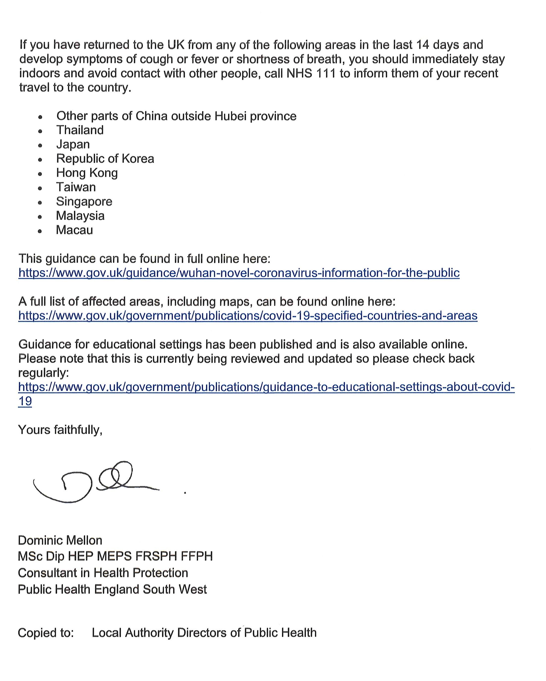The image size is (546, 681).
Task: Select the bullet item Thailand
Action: coord(80,130)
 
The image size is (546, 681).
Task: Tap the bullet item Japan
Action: coord(73,144)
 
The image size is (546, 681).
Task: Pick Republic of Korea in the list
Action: coord(105,159)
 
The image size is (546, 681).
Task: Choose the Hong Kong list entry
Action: coord(87,173)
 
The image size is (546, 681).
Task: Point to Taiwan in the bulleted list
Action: coord(76,187)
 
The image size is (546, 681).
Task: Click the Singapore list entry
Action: coord(84,201)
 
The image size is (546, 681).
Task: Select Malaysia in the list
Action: coord(80,216)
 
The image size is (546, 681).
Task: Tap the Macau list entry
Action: coord(75,230)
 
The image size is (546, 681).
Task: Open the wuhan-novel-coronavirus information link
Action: coord(239,273)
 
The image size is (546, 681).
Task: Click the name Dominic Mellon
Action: coord(60,540)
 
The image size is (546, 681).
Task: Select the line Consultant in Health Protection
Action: coord(103,573)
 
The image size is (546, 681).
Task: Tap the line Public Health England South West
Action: coord(112,589)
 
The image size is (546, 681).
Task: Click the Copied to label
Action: coord(46,633)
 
